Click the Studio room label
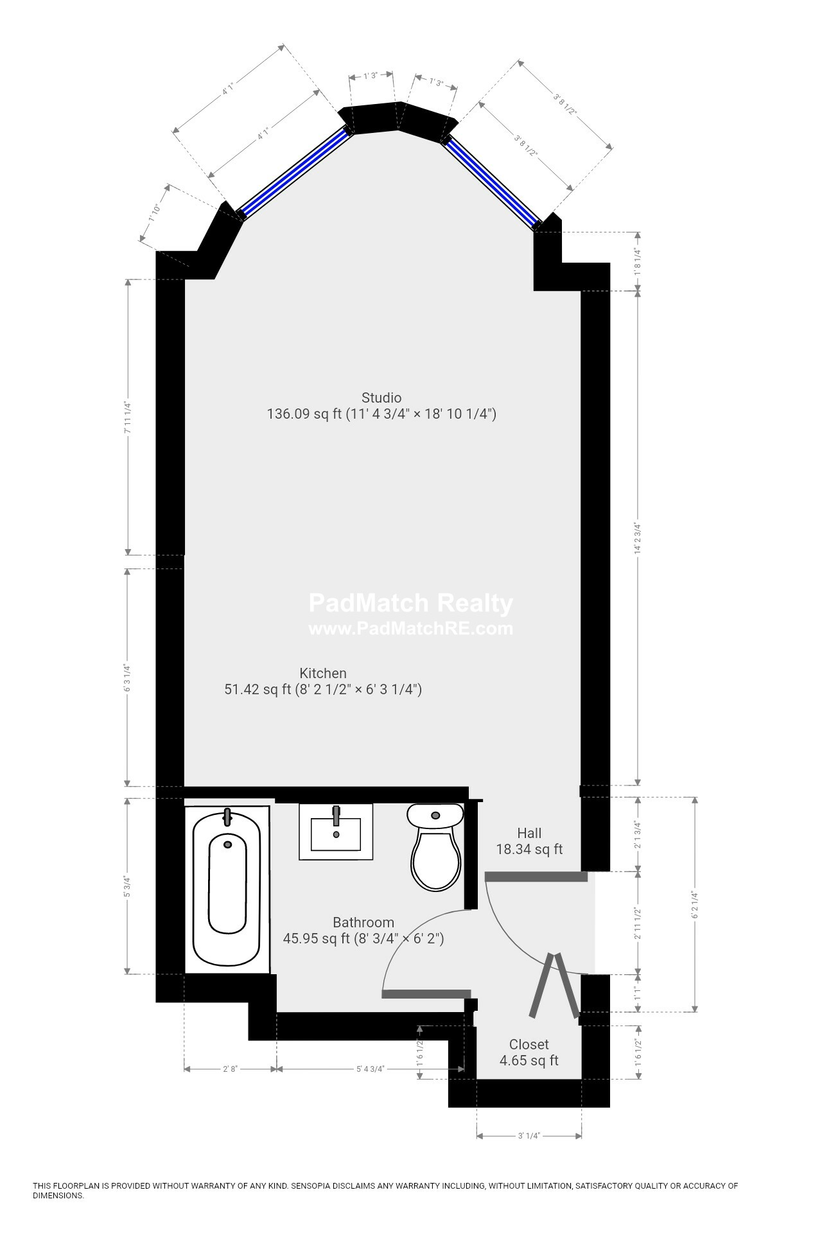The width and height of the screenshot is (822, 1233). coord(381,398)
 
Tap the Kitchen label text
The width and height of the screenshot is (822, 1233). coord(323,673)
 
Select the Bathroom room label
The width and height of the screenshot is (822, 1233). coord(363,922)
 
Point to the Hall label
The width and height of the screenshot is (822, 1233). coord(529,833)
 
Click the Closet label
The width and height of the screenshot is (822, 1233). coord(529,1044)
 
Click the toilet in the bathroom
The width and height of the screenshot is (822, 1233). coord(435,846)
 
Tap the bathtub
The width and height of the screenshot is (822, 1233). coord(227,889)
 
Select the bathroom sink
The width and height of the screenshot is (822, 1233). coord(336,832)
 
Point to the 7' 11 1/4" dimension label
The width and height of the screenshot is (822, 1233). coord(128,417)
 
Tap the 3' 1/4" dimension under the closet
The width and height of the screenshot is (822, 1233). coord(529,1136)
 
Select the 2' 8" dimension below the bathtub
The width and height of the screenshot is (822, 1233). coord(231,1069)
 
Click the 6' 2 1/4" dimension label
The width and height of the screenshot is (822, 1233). coord(694,904)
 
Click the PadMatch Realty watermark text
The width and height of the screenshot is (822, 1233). coord(411,603)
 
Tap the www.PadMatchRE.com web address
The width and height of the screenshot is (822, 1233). coord(411,628)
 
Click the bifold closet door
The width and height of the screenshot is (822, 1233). coord(554,985)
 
